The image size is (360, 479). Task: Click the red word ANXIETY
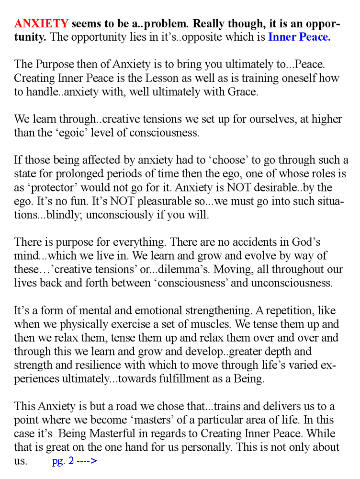point(42,24)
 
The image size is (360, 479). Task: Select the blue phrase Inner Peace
point(299,37)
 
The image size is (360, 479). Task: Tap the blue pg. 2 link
point(75,462)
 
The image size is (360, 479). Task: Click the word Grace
point(244,92)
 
